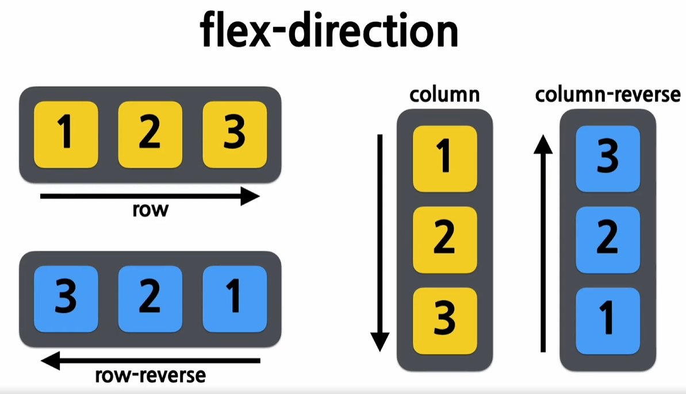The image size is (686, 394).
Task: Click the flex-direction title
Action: (x=329, y=31)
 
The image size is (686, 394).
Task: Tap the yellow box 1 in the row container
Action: (x=66, y=135)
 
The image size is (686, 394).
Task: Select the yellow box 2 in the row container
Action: (x=150, y=135)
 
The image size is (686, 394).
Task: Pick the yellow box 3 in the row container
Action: (x=235, y=135)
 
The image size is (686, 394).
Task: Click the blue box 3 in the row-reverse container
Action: (x=66, y=299)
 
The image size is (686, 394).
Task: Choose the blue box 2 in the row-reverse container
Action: (x=150, y=299)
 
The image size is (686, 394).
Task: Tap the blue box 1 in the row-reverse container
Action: (x=235, y=299)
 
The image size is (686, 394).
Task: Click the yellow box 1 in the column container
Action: (x=444, y=159)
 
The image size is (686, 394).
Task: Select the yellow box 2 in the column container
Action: (x=444, y=239)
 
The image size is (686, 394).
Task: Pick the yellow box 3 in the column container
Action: (x=444, y=320)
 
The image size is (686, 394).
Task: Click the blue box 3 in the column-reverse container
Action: (x=608, y=159)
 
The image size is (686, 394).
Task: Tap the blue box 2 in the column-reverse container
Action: (x=608, y=239)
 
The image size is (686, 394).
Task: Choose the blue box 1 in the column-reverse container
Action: (x=608, y=320)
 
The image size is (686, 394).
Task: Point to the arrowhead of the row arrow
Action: (x=251, y=197)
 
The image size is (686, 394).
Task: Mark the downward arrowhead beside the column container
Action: (x=380, y=342)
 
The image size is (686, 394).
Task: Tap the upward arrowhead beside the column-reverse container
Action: (x=543, y=144)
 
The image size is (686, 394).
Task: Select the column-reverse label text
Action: (x=608, y=95)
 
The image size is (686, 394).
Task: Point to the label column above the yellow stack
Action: (x=444, y=95)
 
